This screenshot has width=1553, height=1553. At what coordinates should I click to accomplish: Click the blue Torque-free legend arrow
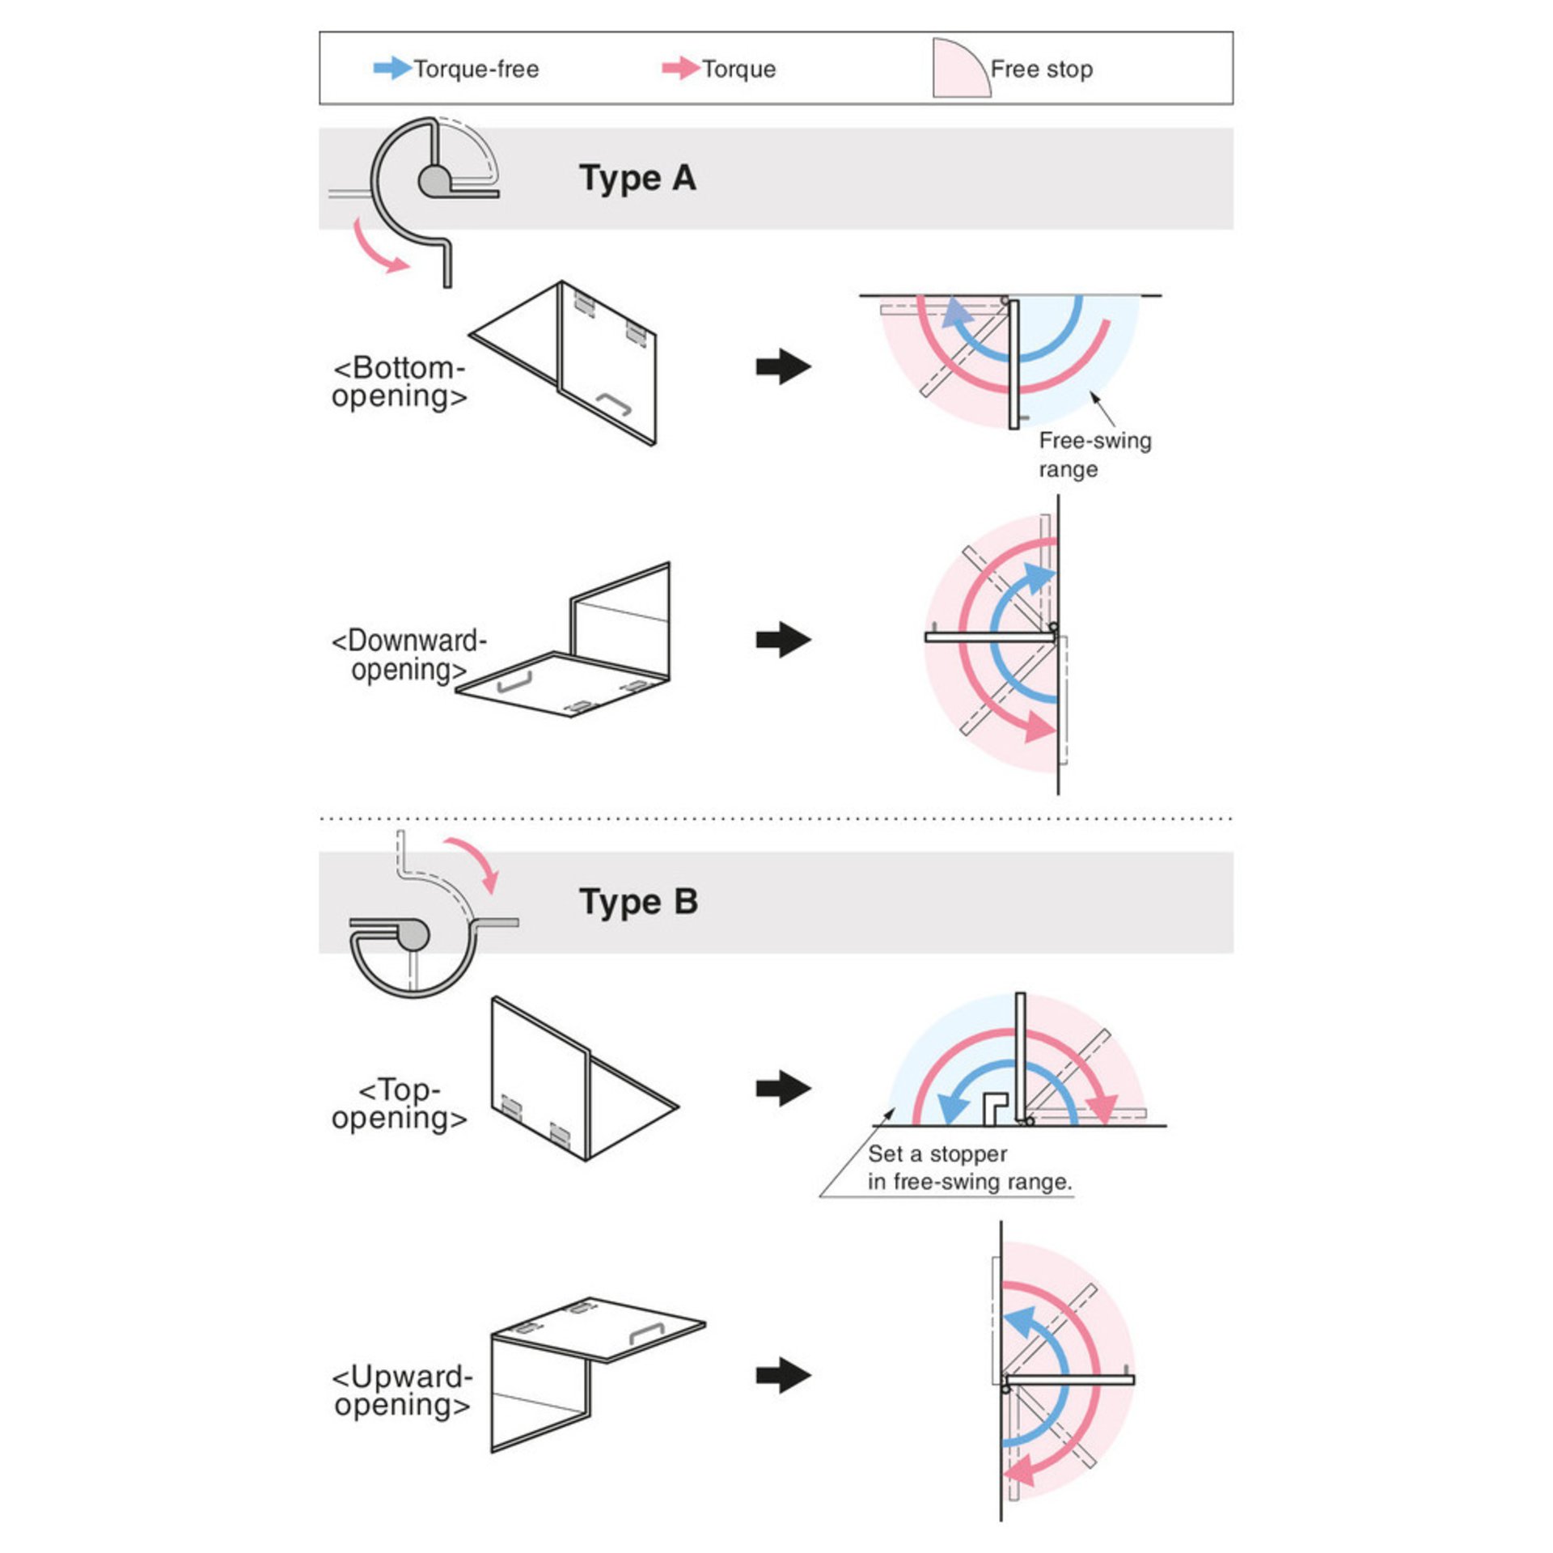[x=391, y=68]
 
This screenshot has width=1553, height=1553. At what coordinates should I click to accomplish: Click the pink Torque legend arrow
[x=680, y=68]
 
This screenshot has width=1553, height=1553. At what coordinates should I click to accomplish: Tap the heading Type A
[x=637, y=178]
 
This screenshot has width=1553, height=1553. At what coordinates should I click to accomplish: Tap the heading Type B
[x=638, y=901]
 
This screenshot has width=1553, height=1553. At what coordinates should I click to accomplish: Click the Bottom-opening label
[x=400, y=382]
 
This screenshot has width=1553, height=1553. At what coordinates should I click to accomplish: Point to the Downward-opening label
[x=408, y=655]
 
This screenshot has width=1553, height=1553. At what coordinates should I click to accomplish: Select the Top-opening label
[x=400, y=1103]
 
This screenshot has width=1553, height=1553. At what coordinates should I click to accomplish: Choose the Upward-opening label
[x=402, y=1390]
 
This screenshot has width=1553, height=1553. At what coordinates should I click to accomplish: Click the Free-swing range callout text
[x=1094, y=455]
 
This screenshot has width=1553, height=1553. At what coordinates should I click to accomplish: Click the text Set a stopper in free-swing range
[x=969, y=1168]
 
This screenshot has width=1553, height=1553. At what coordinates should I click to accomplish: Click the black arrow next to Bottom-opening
[x=783, y=366]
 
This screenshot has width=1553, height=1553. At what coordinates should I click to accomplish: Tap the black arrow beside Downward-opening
[x=783, y=640]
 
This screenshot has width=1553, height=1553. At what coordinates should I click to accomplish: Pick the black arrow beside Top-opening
[x=783, y=1088]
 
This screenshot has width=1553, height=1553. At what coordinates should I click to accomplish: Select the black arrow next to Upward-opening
[x=783, y=1375]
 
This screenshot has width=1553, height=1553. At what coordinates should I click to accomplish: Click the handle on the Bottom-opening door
[x=614, y=403]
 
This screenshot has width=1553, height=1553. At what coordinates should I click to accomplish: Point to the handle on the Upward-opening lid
[x=646, y=1333]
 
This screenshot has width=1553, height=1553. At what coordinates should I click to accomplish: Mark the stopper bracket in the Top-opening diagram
[x=994, y=1107]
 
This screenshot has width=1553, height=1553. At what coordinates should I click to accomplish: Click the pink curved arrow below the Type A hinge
[x=379, y=248]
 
